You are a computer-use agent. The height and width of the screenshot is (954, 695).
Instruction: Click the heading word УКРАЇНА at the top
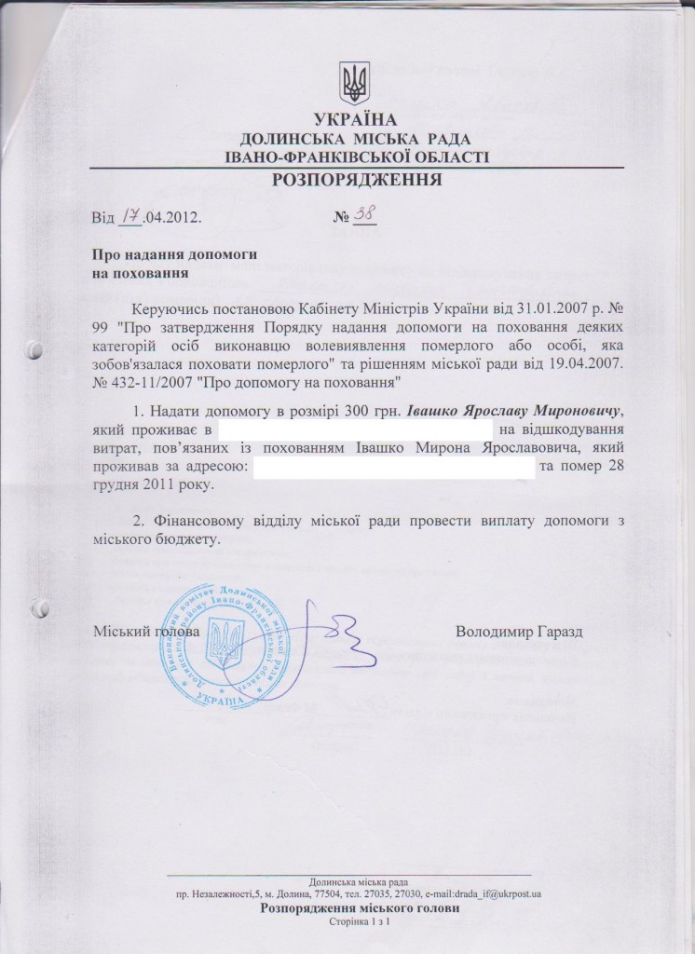point(356,119)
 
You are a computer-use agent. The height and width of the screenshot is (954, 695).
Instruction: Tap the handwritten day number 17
point(129,217)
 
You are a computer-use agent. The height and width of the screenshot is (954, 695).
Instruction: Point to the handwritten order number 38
point(364,215)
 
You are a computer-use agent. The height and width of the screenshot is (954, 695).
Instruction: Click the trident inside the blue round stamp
point(223,644)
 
